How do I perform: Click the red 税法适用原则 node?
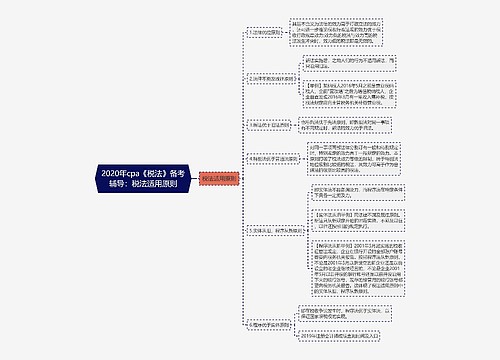220,179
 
